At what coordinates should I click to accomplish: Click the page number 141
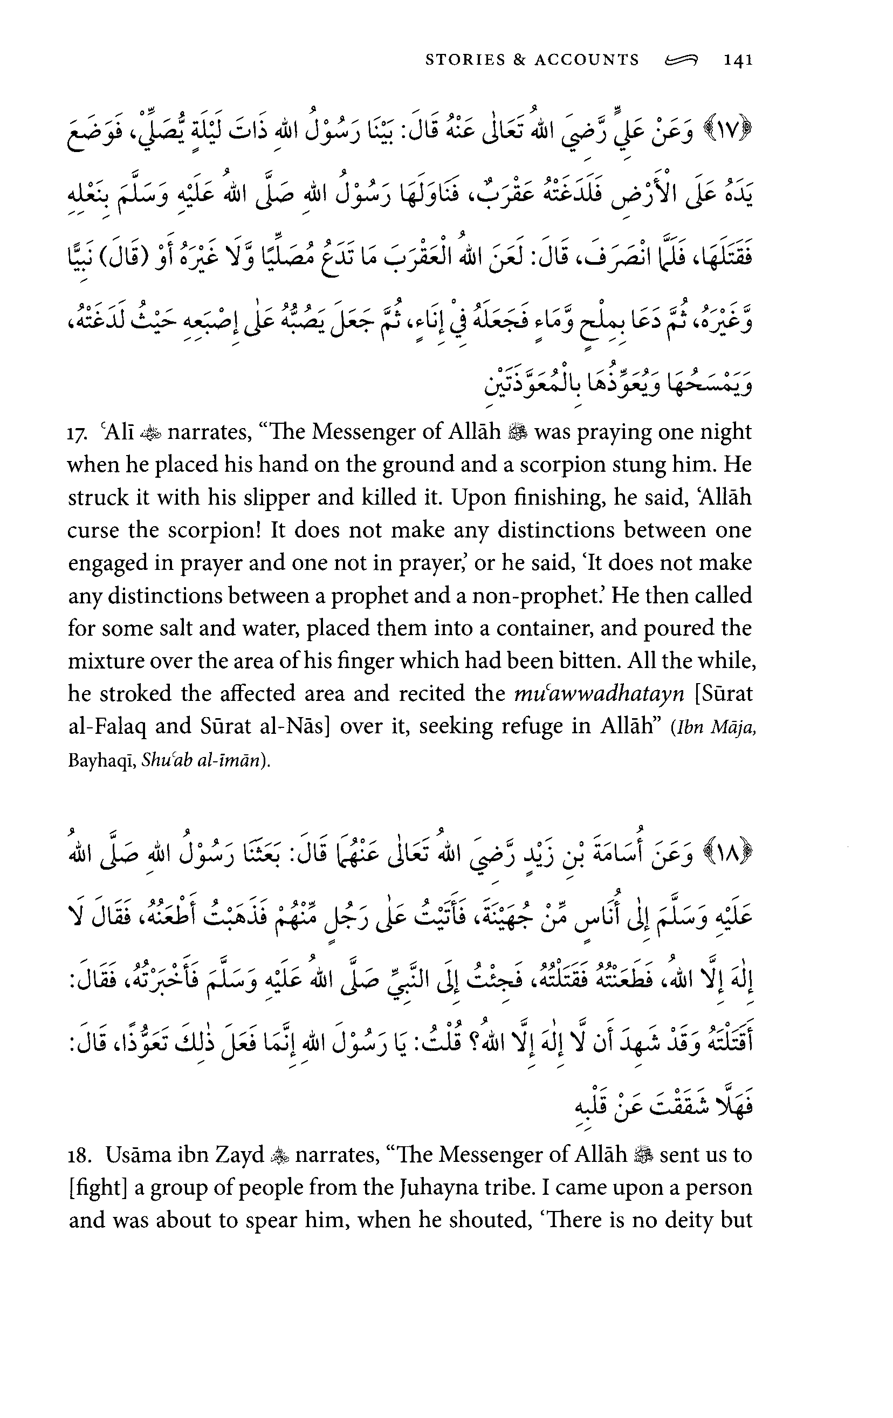coord(738,60)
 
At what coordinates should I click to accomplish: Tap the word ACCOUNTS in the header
coord(587,60)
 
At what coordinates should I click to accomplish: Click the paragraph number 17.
coord(77,433)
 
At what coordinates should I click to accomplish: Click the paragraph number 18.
coord(79,1155)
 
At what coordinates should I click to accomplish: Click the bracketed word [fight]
coord(98,1187)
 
